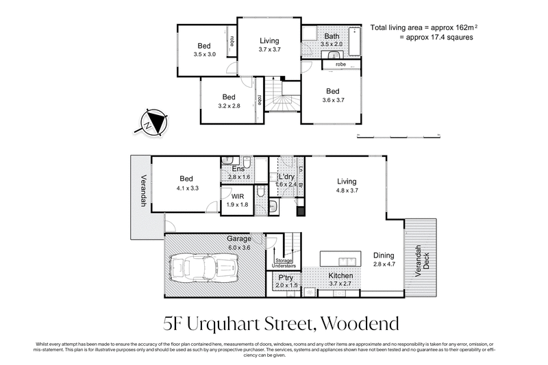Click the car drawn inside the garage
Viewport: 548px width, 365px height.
click(205, 266)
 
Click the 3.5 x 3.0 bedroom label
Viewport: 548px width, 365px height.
click(205, 50)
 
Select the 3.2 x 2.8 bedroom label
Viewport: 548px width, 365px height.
click(228, 101)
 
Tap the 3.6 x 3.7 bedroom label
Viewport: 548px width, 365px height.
click(333, 96)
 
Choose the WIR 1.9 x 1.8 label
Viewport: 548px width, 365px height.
click(237, 200)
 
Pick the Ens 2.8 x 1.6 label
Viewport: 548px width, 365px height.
click(238, 173)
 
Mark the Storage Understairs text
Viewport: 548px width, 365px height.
click(283, 263)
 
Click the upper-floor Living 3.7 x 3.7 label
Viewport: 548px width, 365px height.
click(269, 45)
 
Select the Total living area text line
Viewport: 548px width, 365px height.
click(423, 28)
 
